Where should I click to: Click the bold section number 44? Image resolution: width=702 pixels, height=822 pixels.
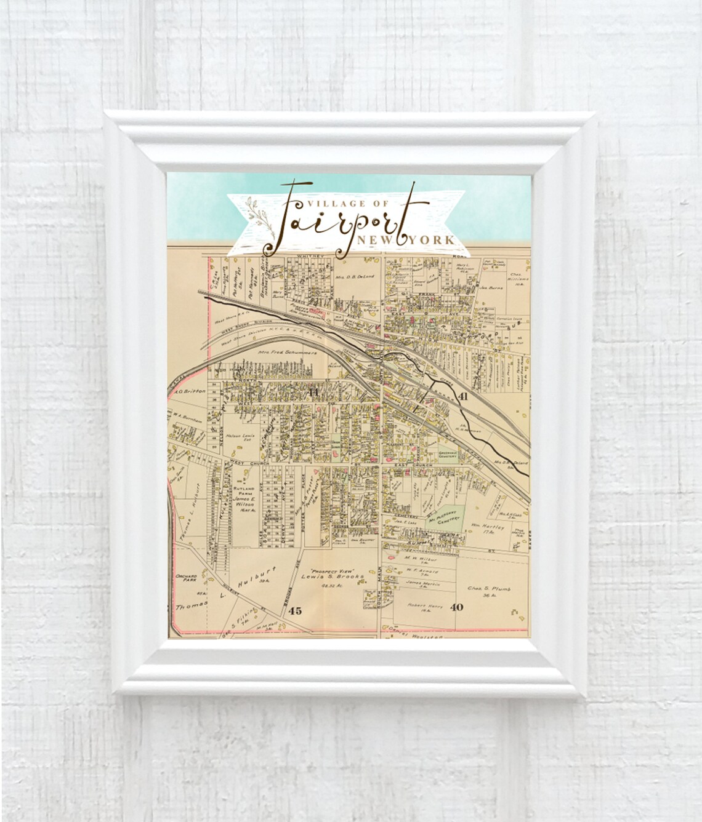coord(313,391)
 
